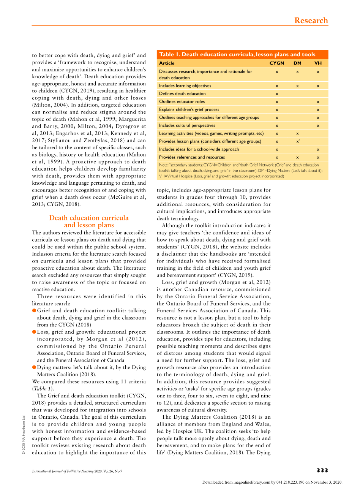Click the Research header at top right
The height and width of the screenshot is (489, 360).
tap(311, 21)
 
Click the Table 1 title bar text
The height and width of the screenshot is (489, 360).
tap(237, 54)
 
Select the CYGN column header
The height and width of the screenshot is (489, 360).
tap(277, 63)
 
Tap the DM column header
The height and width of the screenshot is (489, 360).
tap(297, 63)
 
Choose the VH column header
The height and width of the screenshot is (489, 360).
tap(318, 63)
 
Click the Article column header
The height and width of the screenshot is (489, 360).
tap(167, 63)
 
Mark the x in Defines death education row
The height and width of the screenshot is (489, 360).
tap(277, 94)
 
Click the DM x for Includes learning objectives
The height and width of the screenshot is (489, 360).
tap(297, 86)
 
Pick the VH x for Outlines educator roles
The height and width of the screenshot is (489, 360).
tap(318, 102)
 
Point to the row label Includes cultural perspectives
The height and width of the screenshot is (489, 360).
tap(187, 125)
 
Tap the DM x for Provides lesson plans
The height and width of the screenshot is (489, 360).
tap(297, 141)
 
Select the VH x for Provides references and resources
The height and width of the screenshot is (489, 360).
tap(318, 157)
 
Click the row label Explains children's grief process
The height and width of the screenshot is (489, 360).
tap(189, 109)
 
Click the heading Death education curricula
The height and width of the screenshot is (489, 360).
tap(89, 218)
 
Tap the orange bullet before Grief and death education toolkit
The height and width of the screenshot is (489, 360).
tap(34, 310)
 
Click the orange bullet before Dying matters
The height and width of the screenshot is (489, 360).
tap(34, 367)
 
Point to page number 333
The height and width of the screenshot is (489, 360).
tap(322, 470)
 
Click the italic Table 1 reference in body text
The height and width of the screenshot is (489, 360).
tap(43, 388)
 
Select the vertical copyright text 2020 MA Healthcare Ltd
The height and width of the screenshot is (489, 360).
tap(24, 434)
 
